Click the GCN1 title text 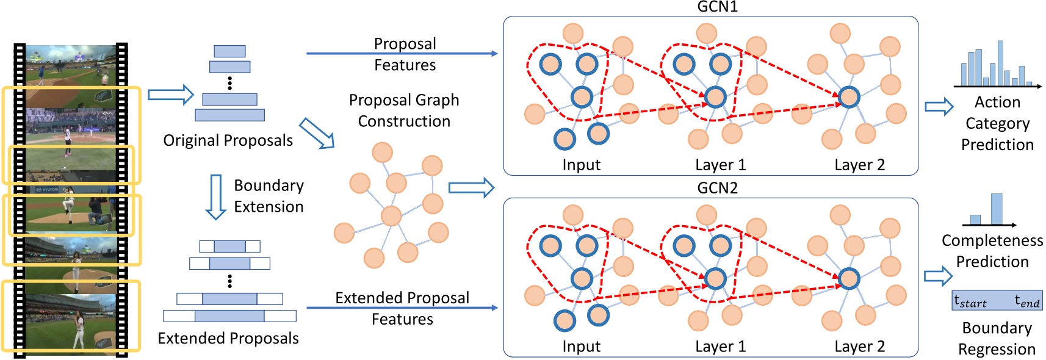tap(717, 7)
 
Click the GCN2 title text tap(717, 188)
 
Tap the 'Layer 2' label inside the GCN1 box tap(859, 165)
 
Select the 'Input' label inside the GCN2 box tap(581, 347)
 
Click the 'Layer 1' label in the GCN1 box tap(720, 165)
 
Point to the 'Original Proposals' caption tap(228, 140)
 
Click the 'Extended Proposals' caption tap(228, 338)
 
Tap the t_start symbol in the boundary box tap(970, 301)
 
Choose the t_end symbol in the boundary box tap(1026, 301)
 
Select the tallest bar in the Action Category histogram tap(1000, 63)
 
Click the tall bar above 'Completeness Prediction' tap(997, 209)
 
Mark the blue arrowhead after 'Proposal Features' tap(494, 54)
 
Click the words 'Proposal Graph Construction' tap(404, 110)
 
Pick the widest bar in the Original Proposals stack tap(229, 115)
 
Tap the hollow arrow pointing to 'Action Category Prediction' tap(939, 107)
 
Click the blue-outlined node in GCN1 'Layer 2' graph tap(849, 96)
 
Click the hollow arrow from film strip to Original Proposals tap(170, 95)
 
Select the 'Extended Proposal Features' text tap(402, 308)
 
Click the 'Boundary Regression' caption tap(997, 339)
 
